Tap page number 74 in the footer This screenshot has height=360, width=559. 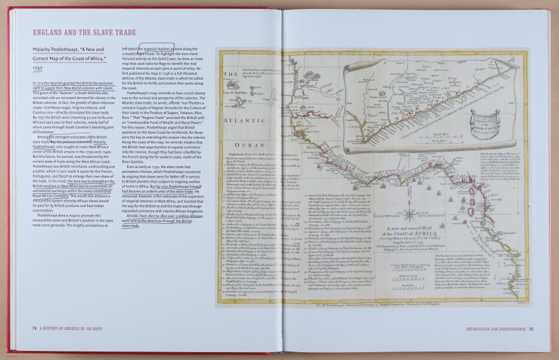click(35, 328)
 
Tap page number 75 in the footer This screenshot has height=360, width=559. click(530, 328)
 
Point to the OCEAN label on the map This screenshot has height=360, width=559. click(245, 145)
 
